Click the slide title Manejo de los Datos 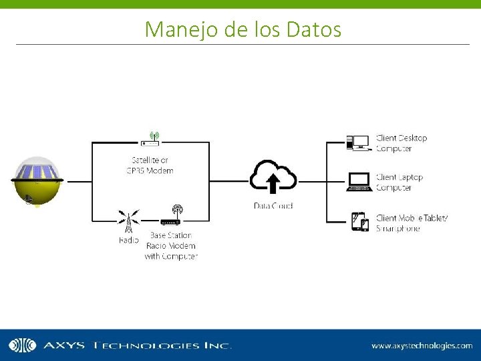243,29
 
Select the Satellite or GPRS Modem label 150,165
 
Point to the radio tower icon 129,220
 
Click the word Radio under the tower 129,239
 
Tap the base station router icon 171,217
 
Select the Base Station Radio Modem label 171,245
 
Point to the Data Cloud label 273,205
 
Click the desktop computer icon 357,142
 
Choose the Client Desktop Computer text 401,143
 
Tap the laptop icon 359,182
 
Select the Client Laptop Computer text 399,183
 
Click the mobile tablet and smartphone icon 360,221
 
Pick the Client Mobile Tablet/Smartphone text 411,223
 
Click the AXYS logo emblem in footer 22,345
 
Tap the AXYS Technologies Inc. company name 137,346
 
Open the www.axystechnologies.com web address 422,346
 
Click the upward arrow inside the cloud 273,183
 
